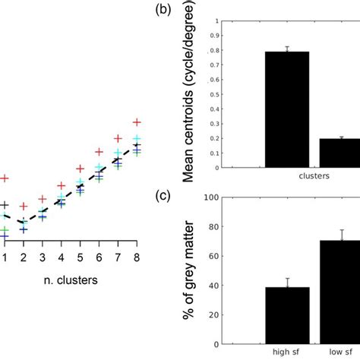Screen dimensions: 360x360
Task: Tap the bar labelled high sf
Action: pyautogui.click(x=287, y=314)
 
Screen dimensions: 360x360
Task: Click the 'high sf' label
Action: pyautogui.click(x=287, y=351)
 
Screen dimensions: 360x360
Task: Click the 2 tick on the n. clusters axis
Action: pyautogui.click(x=24, y=258)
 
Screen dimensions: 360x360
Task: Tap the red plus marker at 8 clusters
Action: pyautogui.click(x=137, y=122)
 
